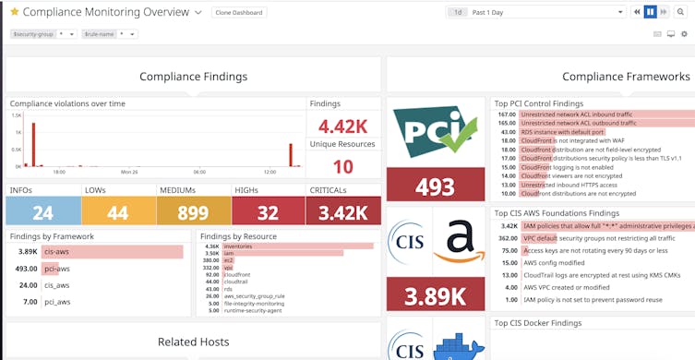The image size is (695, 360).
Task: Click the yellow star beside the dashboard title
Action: tap(14, 12)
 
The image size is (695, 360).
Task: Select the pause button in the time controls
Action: tap(650, 12)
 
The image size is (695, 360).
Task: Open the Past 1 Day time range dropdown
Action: tap(535, 12)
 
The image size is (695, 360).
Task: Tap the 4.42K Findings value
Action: tap(342, 126)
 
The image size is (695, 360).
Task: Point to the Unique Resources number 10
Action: tap(342, 166)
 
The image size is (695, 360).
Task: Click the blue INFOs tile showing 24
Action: tap(42, 212)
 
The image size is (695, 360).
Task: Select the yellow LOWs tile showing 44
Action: tap(117, 212)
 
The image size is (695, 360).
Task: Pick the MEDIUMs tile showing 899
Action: tap(193, 212)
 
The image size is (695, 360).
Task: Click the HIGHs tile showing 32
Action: tap(269, 212)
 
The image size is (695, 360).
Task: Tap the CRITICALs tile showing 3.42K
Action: tap(343, 212)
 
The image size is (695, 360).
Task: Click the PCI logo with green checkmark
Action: tap(435, 132)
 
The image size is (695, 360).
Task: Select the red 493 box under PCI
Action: tap(435, 186)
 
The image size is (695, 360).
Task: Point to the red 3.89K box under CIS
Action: tap(435, 295)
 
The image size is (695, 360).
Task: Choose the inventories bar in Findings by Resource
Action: tap(295, 246)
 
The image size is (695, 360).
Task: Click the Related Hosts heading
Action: tap(193, 342)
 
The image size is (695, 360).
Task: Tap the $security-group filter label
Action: tap(31, 34)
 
